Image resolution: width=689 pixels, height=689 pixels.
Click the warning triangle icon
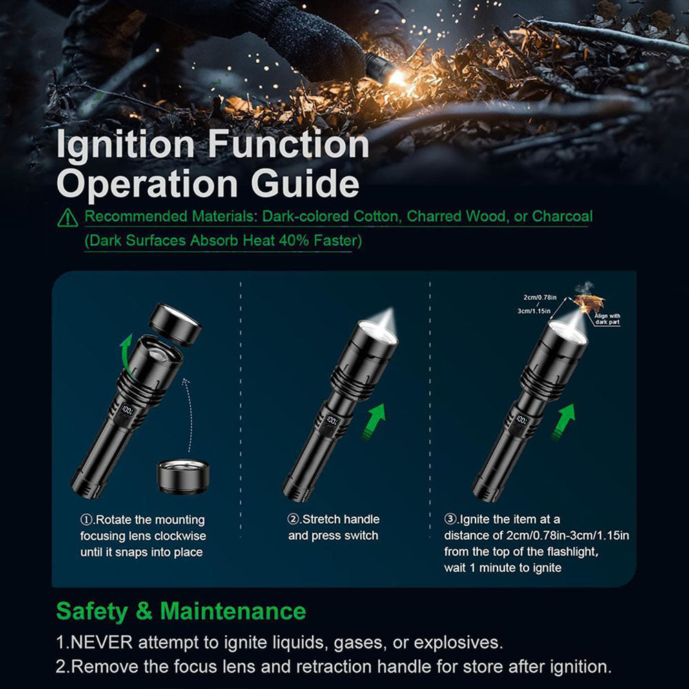(x=68, y=218)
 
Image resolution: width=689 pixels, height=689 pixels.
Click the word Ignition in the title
(x=125, y=145)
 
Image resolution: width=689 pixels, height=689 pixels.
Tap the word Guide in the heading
(x=305, y=183)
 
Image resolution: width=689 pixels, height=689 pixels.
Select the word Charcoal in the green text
(x=562, y=216)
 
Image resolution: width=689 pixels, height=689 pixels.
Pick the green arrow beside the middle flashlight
(x=374, y=422)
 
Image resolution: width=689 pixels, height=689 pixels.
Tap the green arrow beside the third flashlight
(x=564, y=422)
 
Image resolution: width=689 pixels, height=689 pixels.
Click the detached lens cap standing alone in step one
(x=183, y=477)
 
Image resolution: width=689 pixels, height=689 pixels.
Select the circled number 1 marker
(x=87, y=520)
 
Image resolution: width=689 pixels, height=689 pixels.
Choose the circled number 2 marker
(x=294, y=520)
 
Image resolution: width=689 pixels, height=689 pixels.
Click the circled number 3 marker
(x=451, y=520)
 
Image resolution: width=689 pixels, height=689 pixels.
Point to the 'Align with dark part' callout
(x=607, y=319)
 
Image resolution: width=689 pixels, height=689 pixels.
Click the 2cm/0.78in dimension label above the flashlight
(x=539, y=298)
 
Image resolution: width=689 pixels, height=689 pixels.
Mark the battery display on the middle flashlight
(x=333, y=422)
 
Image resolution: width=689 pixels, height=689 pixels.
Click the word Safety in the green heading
(x=92, y=612)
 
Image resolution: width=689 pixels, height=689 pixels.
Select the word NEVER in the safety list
(x=101, y=642)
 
